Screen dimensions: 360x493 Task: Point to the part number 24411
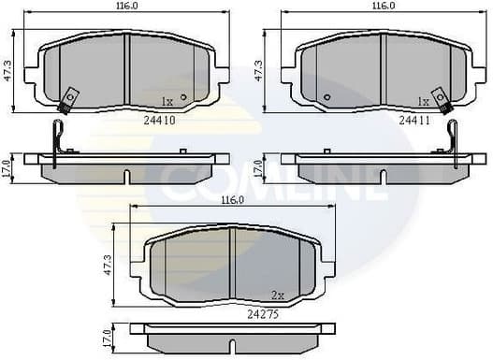coord(413,120)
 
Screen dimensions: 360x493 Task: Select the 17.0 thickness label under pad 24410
coord(7,168)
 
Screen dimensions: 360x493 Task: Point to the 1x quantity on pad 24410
coord(167,100)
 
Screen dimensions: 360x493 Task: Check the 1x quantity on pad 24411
coord(423,100)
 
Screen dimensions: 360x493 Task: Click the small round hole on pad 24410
coord(183,96)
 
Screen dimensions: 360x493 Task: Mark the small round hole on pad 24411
coord(326,96)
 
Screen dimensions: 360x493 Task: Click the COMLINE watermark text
coord(271,183)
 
